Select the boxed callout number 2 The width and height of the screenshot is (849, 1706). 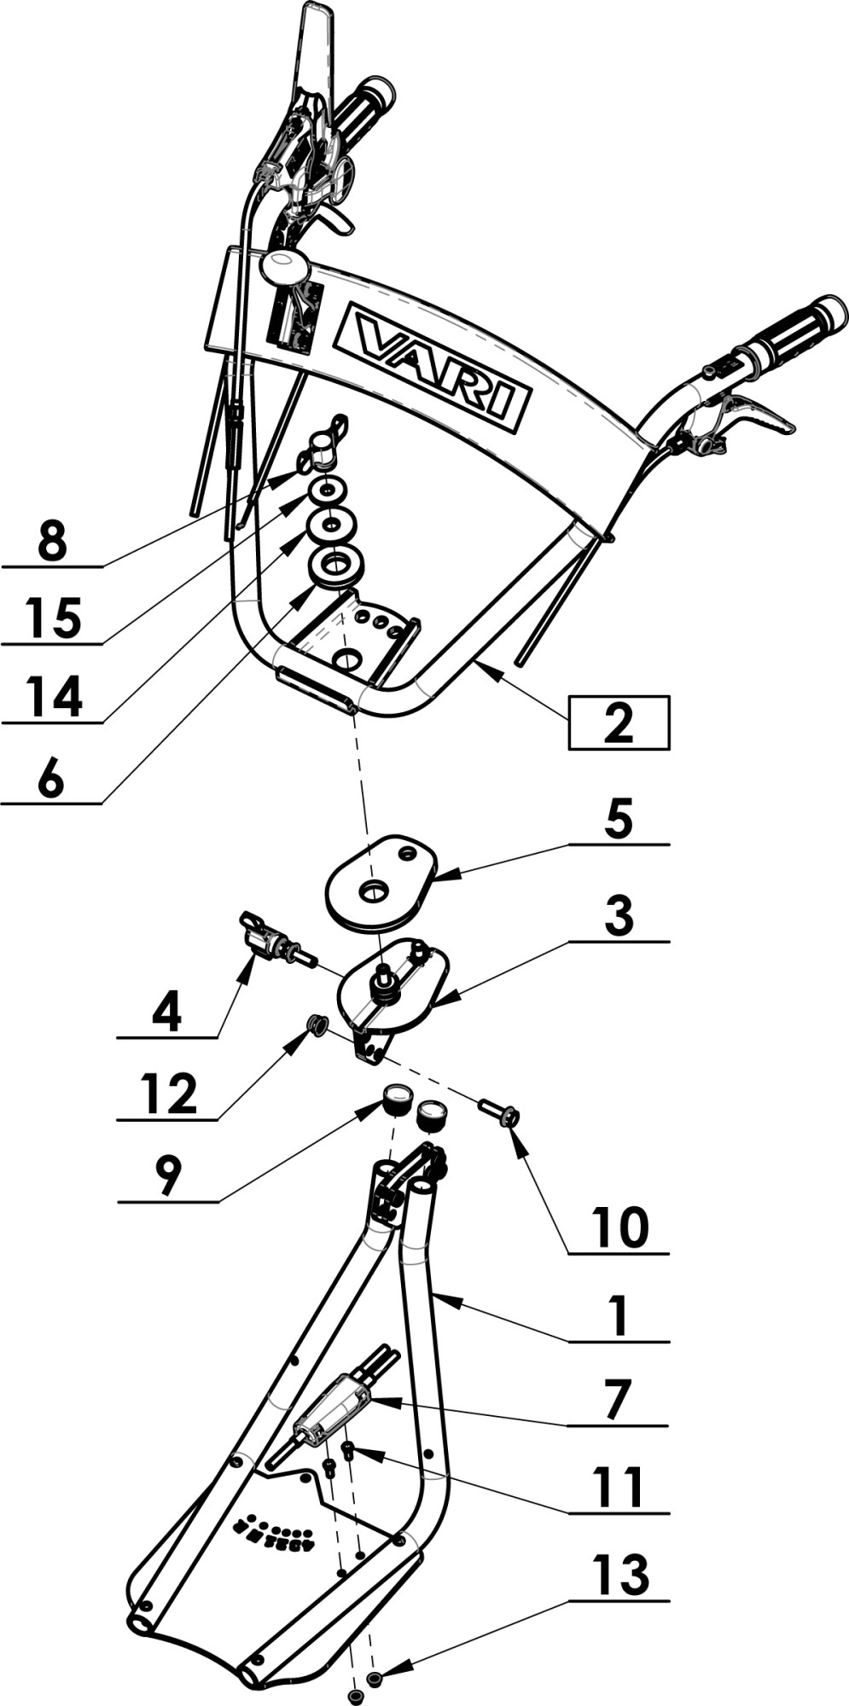(619, 722)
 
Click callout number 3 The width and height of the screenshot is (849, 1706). (619, 915)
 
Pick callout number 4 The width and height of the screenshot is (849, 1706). (166, 1013)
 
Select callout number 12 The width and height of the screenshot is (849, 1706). (169, 1094)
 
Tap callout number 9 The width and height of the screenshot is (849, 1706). (167, 1176)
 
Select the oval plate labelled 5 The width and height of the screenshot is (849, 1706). (381, 882)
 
